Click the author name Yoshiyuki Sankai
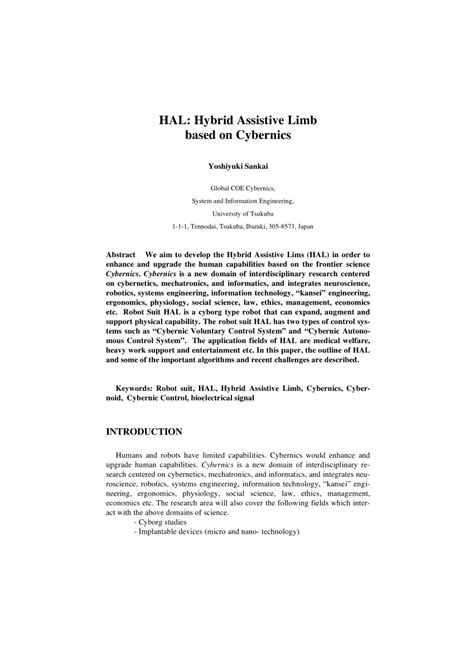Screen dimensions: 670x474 [237, 166]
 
